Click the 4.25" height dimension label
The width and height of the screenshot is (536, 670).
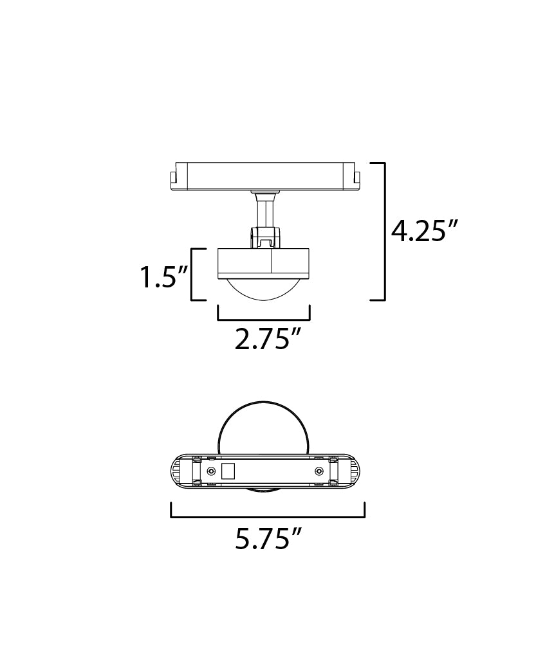click(x=424, y=231)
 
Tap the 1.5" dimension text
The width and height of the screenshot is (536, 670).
click(x=165, y=276)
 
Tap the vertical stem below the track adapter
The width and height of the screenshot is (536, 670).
click(x=264, y=216)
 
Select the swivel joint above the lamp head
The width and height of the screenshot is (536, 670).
click(x=265, y=237)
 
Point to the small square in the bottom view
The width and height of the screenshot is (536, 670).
click(x=228, y=471)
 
